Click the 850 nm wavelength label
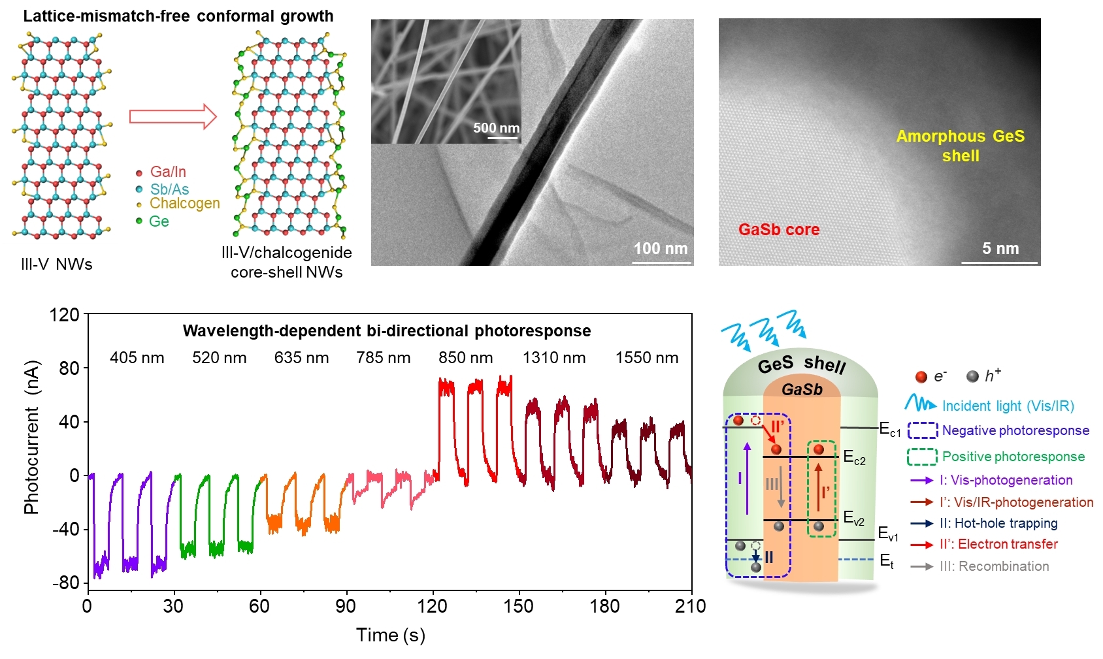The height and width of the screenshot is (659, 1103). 465,358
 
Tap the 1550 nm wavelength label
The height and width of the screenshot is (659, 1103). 646,358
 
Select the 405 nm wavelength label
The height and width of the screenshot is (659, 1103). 137,358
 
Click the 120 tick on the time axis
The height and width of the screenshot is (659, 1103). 432,606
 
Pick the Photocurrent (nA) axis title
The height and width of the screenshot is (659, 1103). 31,437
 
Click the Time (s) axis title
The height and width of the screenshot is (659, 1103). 390,635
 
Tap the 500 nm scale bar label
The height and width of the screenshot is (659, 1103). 496,128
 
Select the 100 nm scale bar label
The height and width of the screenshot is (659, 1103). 660,249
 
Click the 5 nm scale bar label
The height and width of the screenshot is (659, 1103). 1000,249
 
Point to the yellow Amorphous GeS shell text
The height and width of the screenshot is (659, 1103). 960,146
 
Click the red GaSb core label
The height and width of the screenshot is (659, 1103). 778,230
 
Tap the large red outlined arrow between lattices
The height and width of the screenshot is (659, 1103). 173,117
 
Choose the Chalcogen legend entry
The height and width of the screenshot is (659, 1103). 184,204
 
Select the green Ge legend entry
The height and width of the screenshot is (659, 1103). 158,221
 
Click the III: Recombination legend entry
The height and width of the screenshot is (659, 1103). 994,566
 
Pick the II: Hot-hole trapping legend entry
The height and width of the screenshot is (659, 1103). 998,523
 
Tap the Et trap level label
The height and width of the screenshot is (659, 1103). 887,561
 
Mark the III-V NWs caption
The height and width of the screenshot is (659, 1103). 57,265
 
